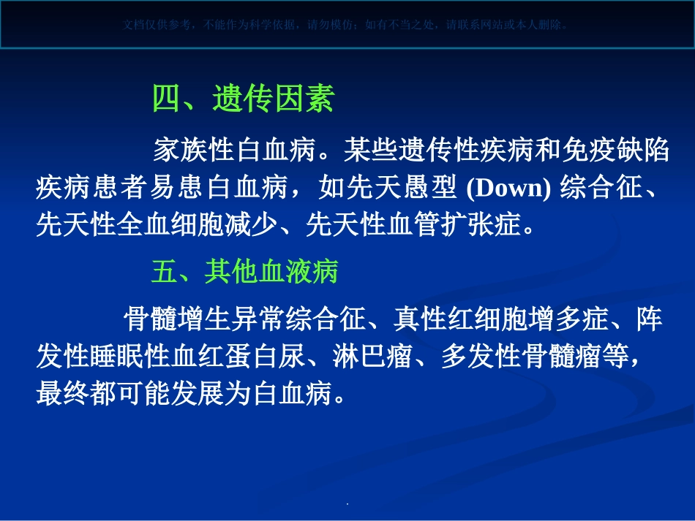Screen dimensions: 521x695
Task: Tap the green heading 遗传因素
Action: tap(273, 99)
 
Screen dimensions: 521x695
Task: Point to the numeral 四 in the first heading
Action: tap(166, 99)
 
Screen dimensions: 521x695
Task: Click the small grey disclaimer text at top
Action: tap(347, 24)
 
